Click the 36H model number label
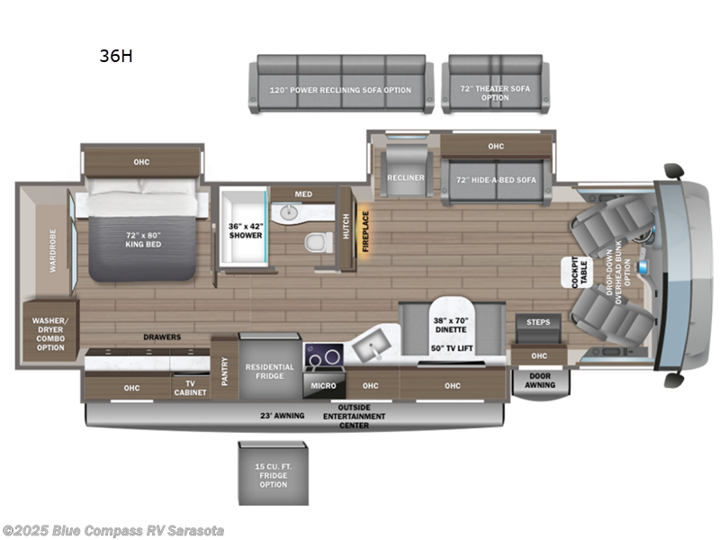tap(116, 56)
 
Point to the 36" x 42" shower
tap(245, 229)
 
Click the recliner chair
tap(405, 177)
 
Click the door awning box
tap(540, 380)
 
